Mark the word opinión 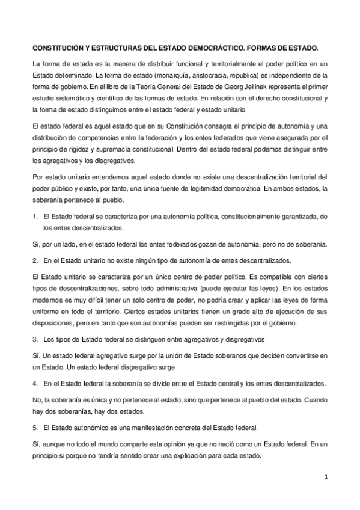coord(182,444)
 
